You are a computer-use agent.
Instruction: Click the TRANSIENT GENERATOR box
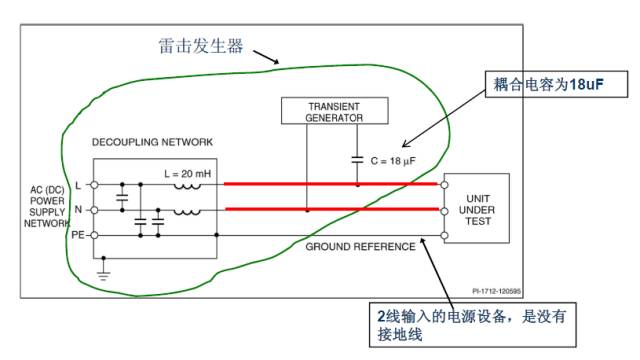coord(334,110)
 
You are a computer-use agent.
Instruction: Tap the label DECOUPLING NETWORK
coord(152,143)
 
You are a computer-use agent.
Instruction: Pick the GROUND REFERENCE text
coord(360,246)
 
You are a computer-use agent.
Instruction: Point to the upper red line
coord(330,185)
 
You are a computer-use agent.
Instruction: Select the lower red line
coord(330,210)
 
